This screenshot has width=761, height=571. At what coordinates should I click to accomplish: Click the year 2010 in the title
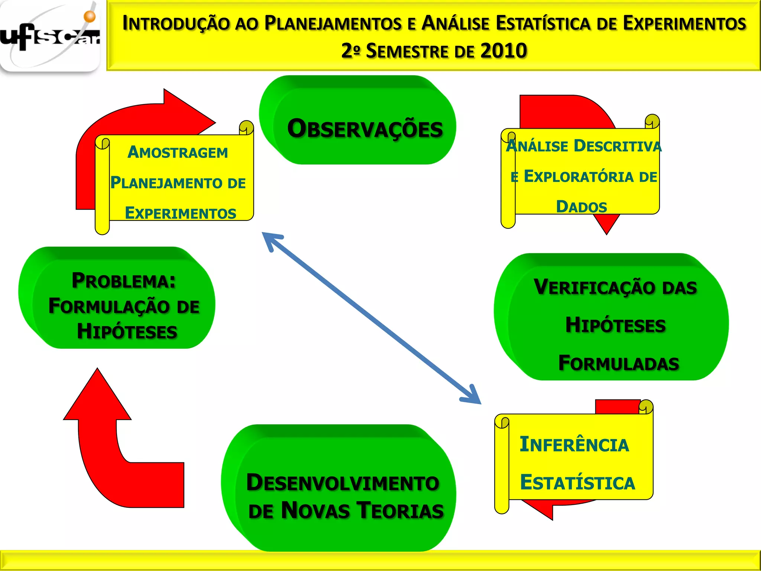503,51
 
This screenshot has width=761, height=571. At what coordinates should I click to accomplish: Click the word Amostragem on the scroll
178,152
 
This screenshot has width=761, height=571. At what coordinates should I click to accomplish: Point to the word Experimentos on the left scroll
181,213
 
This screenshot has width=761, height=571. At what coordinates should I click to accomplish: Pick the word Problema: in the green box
124,281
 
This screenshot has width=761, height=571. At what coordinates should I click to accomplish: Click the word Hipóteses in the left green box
127,331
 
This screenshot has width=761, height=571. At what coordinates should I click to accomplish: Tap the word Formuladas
619,363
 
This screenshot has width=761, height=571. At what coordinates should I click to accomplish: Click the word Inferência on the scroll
574,445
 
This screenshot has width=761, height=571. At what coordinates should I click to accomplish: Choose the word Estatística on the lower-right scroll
577,483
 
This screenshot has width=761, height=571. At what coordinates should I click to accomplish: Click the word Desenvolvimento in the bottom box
343,483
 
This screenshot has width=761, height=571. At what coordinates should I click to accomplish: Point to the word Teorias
400,510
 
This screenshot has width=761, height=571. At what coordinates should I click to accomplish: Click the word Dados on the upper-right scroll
582,207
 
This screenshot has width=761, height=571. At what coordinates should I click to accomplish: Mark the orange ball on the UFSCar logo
90,16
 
